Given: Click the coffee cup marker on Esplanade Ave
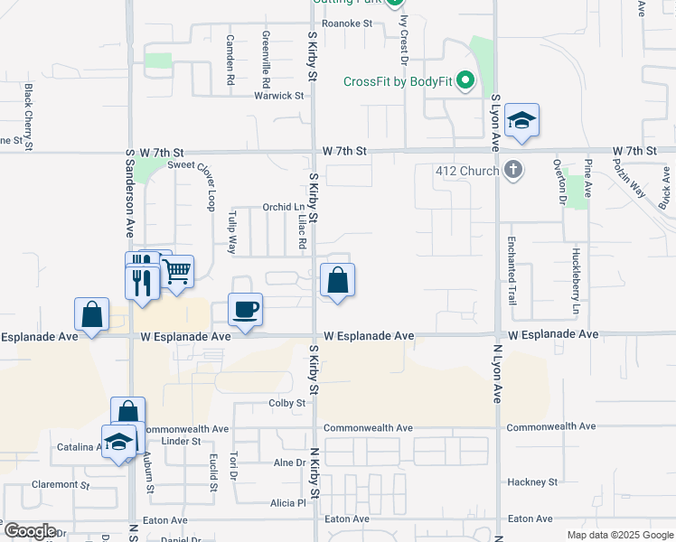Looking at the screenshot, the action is tap(245, 311).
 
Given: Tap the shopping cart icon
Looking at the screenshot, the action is tap(177, 271).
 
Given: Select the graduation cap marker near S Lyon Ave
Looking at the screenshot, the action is tap(521, 121).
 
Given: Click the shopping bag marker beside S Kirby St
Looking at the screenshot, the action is tap(337, 281).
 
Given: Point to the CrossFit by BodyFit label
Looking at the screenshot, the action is tap(399, 81).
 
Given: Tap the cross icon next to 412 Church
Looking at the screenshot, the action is tap(513, 169).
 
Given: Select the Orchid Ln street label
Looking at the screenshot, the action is tap(283, 207).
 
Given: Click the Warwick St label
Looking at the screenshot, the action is tap(278, 95).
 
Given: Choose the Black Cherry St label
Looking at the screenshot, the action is tap(29, 117).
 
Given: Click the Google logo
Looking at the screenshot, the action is tap(29, 531).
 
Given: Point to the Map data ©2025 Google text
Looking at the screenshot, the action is tap(619, 535).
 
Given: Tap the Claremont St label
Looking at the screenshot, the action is tap(61, 484).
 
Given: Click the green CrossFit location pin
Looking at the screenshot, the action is tap(466, 82).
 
